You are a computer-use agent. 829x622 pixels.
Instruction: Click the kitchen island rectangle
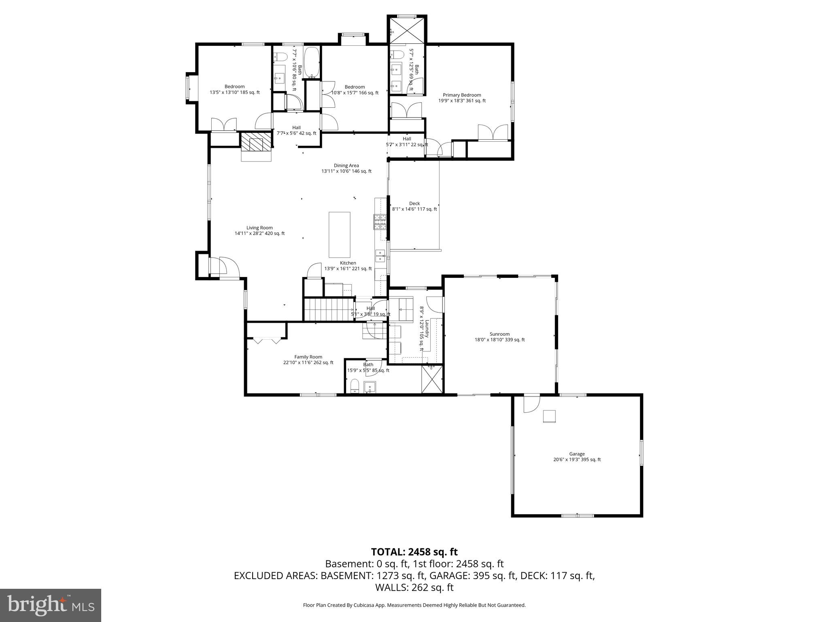tap(339, 234)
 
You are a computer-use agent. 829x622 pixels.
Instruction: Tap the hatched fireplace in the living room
tap(256, 141)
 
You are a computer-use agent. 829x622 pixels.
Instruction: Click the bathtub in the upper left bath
tap(312, 62)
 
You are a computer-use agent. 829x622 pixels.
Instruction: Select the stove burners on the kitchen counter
tap(380, 222)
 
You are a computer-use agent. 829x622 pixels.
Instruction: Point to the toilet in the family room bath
tap(355, 386)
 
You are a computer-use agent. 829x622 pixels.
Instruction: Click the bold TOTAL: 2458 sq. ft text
tap(414, 552)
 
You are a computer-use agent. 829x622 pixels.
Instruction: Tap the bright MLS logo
tap(50, 605)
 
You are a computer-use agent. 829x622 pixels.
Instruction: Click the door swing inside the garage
tap(531, 405)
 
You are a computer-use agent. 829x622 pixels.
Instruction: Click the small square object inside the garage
tap(549, 416)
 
